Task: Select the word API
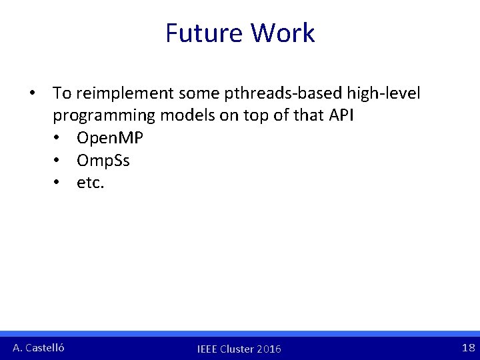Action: [341, 115]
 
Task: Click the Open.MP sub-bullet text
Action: [110, 138]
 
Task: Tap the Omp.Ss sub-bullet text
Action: [103, 160]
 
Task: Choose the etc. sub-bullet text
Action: [91, 183]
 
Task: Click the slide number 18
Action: [468, 347]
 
